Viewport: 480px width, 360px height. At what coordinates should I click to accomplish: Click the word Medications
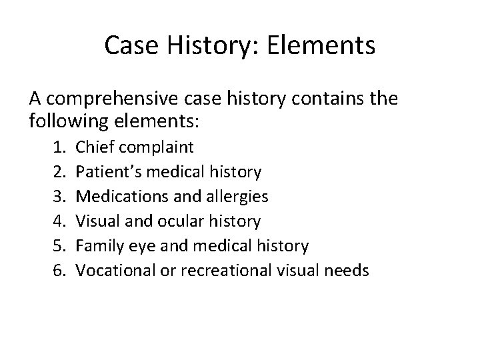point(119,197)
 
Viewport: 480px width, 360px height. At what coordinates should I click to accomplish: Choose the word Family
point(98,246)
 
